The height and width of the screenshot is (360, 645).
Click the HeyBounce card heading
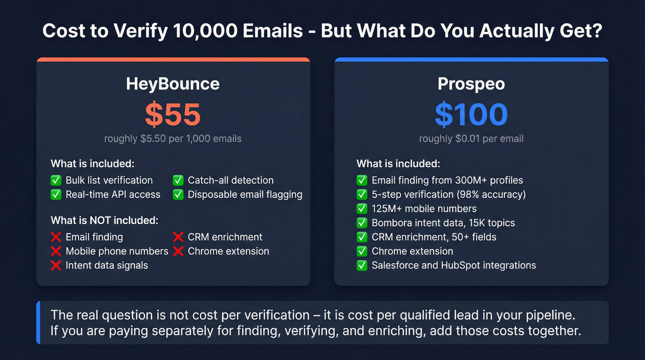point(173,84)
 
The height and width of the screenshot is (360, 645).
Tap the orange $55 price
point(173,114)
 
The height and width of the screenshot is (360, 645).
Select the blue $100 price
point(471,114)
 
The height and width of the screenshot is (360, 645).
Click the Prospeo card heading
point(471,84)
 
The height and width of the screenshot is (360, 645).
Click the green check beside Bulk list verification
point(56,180)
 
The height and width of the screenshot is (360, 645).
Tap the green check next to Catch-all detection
point(178,180)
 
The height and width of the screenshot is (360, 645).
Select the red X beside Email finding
point(56,237)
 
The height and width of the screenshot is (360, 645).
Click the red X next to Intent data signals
point(56,266)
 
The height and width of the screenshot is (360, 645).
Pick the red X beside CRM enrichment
point(178,237)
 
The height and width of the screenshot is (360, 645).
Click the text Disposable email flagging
point(245,195)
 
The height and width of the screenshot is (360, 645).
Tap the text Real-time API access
point(113,195)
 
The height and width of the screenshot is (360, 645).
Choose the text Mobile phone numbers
point(117,251)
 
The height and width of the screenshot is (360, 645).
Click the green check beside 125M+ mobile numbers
point(362,209)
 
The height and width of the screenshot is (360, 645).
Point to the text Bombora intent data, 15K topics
point(443,223)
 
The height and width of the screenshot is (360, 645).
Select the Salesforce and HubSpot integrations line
point(454,266)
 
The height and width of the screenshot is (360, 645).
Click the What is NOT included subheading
point(105,220)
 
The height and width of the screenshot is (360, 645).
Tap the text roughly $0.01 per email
point(471,139)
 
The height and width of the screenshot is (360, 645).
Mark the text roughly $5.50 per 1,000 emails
point(173,139)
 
